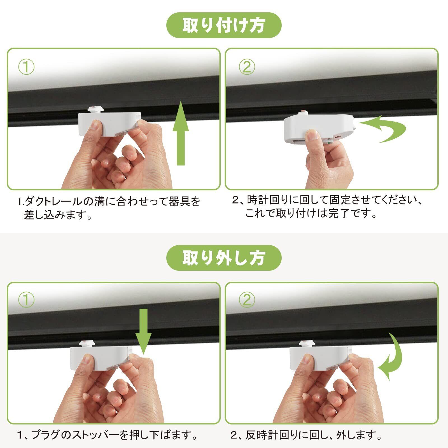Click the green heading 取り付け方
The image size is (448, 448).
(x=224, y=25)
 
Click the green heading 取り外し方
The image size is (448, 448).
(x=224, y=258)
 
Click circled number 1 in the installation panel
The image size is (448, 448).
(x=26, y=67)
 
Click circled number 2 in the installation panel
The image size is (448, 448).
(x=247, y=67)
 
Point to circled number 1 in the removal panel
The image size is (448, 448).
(x=26, y=300)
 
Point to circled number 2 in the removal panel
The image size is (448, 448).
(x=247, y=300)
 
